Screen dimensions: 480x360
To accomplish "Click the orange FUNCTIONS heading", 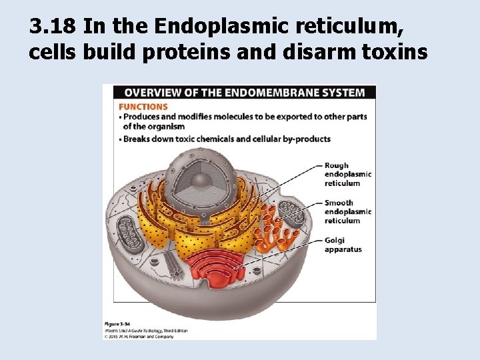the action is coord(143,106).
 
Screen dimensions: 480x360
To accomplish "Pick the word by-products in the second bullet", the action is coord(307,139).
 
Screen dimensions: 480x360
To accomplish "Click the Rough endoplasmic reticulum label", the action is coord(347,175).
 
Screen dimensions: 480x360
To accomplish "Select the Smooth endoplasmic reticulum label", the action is coord(347,212).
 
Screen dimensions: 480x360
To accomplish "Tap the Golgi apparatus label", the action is coord(343,245).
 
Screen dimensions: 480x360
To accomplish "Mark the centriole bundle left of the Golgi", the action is coord(175,265).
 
